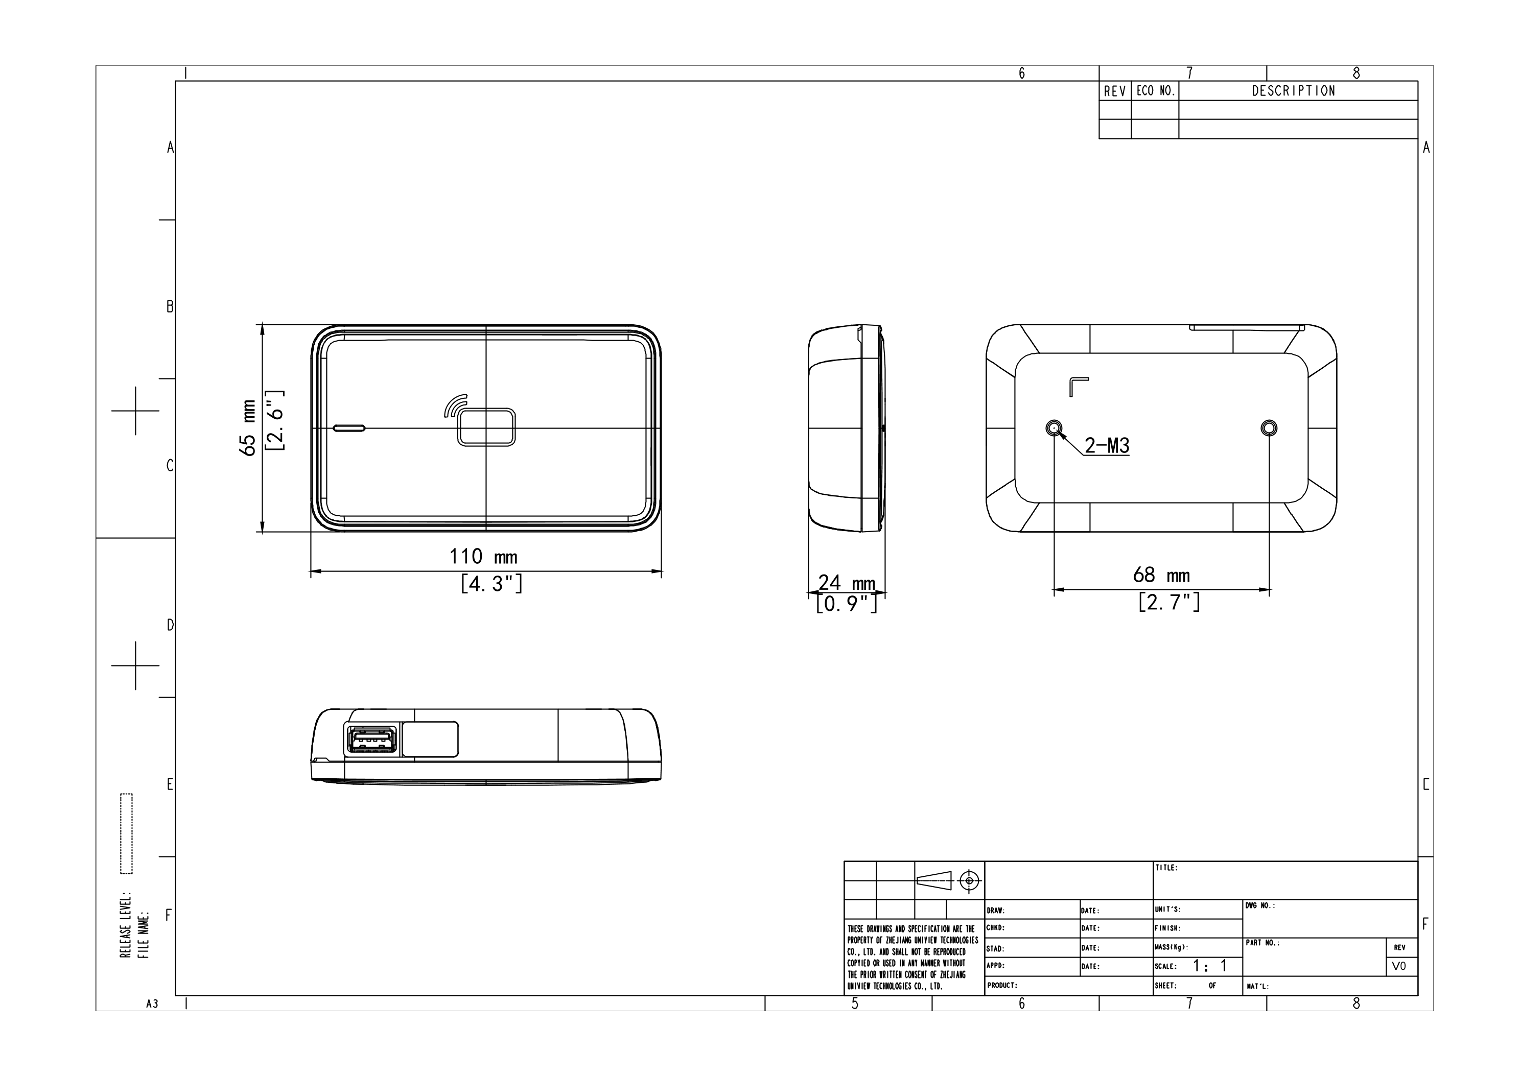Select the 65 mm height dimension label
tap(249, 428)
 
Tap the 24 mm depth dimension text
tap(847, 583)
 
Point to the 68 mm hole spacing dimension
tap(1161, 575)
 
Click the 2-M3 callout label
tap(1107, 446)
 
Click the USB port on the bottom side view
tap(370, 740)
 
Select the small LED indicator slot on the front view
tap(349, 428)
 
